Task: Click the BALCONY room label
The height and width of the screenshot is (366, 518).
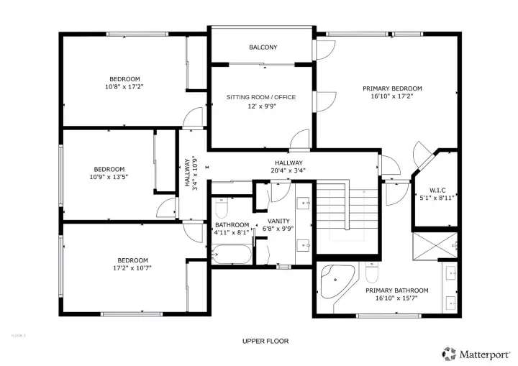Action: coord(263,47)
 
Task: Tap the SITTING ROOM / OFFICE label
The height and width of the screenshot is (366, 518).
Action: coord(261,97)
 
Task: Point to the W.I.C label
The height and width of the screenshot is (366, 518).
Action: coord(437,190)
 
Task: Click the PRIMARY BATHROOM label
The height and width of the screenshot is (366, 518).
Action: coord(396,290)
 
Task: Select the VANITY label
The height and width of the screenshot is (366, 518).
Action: coord(278,221)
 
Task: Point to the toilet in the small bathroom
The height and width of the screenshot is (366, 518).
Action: coord(222,208)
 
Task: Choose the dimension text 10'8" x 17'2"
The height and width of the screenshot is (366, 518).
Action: coord(124,87)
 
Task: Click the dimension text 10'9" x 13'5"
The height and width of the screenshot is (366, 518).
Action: coord(109,177)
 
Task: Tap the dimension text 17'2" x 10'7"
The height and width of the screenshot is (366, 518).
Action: coord(132,268)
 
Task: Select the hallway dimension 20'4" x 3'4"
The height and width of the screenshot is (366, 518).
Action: coord(288,171)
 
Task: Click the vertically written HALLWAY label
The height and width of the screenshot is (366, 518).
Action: coord(186,173)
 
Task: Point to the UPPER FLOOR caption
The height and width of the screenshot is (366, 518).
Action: coord(265,341)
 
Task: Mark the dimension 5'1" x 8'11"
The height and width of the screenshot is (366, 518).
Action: coord(437,198)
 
